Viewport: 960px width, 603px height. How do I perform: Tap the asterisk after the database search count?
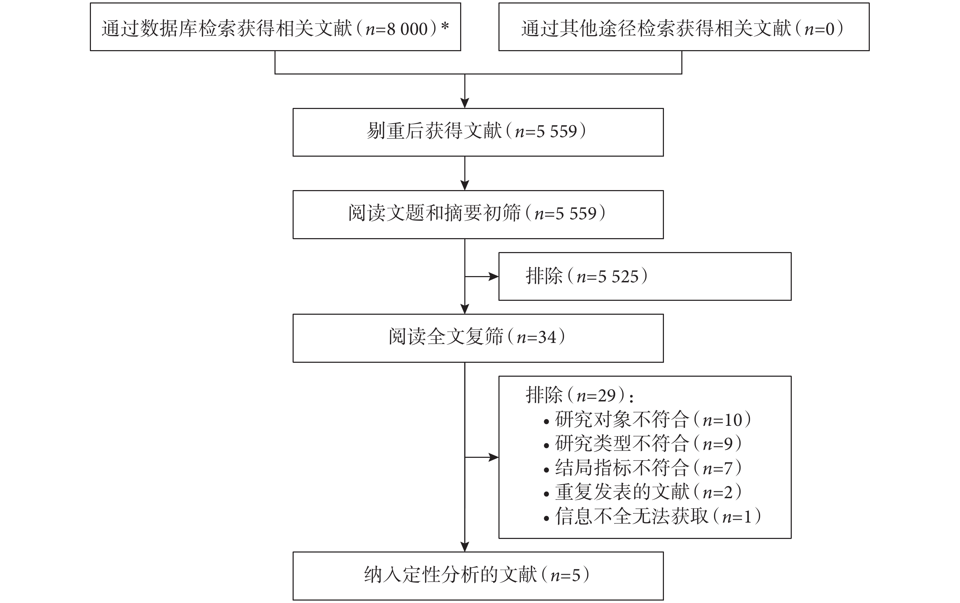click(445, 26)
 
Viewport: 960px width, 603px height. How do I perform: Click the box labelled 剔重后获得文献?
click(478, 132)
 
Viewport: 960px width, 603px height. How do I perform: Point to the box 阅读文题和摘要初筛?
click(478, 214)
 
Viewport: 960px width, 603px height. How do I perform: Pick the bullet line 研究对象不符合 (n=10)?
click(648, 420)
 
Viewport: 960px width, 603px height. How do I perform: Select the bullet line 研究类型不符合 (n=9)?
click(642, 444)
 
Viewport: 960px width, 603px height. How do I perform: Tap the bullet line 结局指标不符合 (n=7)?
click(642, 468)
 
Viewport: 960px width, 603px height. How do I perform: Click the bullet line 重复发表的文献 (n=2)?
click(642, 492)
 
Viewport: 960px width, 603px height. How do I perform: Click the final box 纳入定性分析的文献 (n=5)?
click(478, 576)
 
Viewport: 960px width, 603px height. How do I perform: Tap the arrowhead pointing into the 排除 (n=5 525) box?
click(494, 276)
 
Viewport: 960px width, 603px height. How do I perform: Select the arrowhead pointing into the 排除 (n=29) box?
click(494, 457)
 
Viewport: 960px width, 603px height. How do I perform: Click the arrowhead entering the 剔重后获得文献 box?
click(465, 103)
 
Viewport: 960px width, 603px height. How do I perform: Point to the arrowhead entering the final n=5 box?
click(465, 547)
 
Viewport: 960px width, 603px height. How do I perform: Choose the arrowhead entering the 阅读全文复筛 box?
click(465, 309)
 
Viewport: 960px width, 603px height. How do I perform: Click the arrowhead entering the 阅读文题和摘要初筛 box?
click(465, 185)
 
